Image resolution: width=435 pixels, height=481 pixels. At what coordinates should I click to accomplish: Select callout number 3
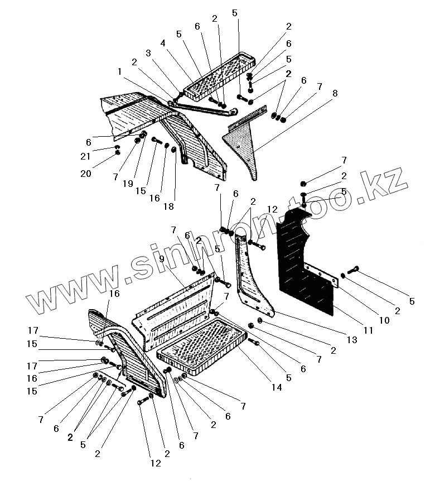coord(148,52)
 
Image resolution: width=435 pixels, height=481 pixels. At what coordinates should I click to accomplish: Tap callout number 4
coord(162,42)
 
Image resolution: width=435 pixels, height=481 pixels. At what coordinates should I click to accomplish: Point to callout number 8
coord(335,94)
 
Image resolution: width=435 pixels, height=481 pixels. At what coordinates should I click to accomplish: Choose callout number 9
coord(162,259)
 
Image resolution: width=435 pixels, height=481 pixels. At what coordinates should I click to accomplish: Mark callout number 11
coord(368,331)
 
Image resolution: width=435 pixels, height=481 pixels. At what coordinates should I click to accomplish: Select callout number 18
coord(168,206)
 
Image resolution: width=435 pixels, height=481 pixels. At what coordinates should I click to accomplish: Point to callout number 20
coord(85,174)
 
